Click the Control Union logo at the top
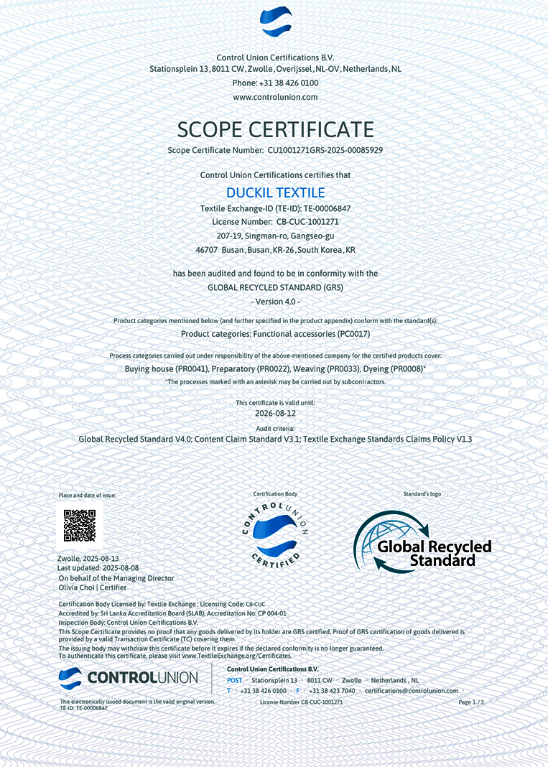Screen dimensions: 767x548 pos(276,22)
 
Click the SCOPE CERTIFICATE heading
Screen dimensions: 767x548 pos(275,129)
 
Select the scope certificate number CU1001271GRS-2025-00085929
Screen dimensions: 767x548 pos(325,151)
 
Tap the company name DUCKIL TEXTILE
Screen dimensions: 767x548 pos(275,192)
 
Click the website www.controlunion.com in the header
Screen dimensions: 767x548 pos(275,97)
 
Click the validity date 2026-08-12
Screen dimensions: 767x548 pos(275,414)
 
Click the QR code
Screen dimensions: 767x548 pos(80,525)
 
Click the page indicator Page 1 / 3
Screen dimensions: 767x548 pos(471,702)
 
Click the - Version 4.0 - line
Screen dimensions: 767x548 pos(275,302)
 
